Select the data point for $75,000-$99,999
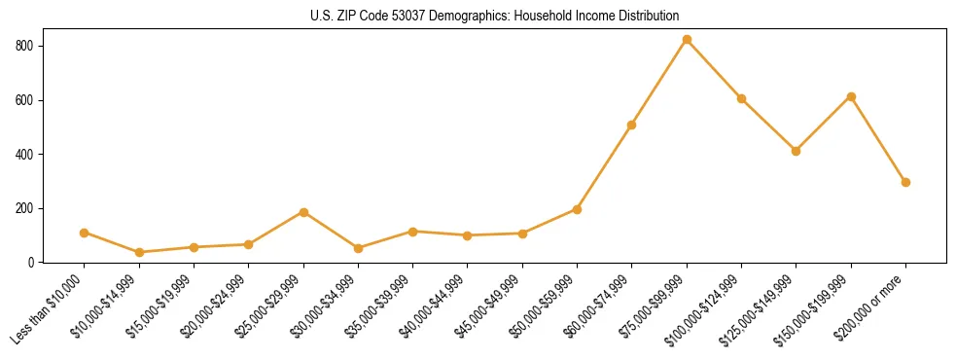coord(687,40)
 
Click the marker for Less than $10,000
coord(85,233)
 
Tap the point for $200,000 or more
coord(905,182)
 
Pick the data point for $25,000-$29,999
coord(303,212)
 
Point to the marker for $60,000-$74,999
coord(632,125)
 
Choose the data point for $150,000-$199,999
coord(851,96)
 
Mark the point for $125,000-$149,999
coord(797,151)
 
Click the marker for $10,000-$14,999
coord(139,252)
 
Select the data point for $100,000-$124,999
coord(741,98)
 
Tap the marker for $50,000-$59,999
coord(577,209)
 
